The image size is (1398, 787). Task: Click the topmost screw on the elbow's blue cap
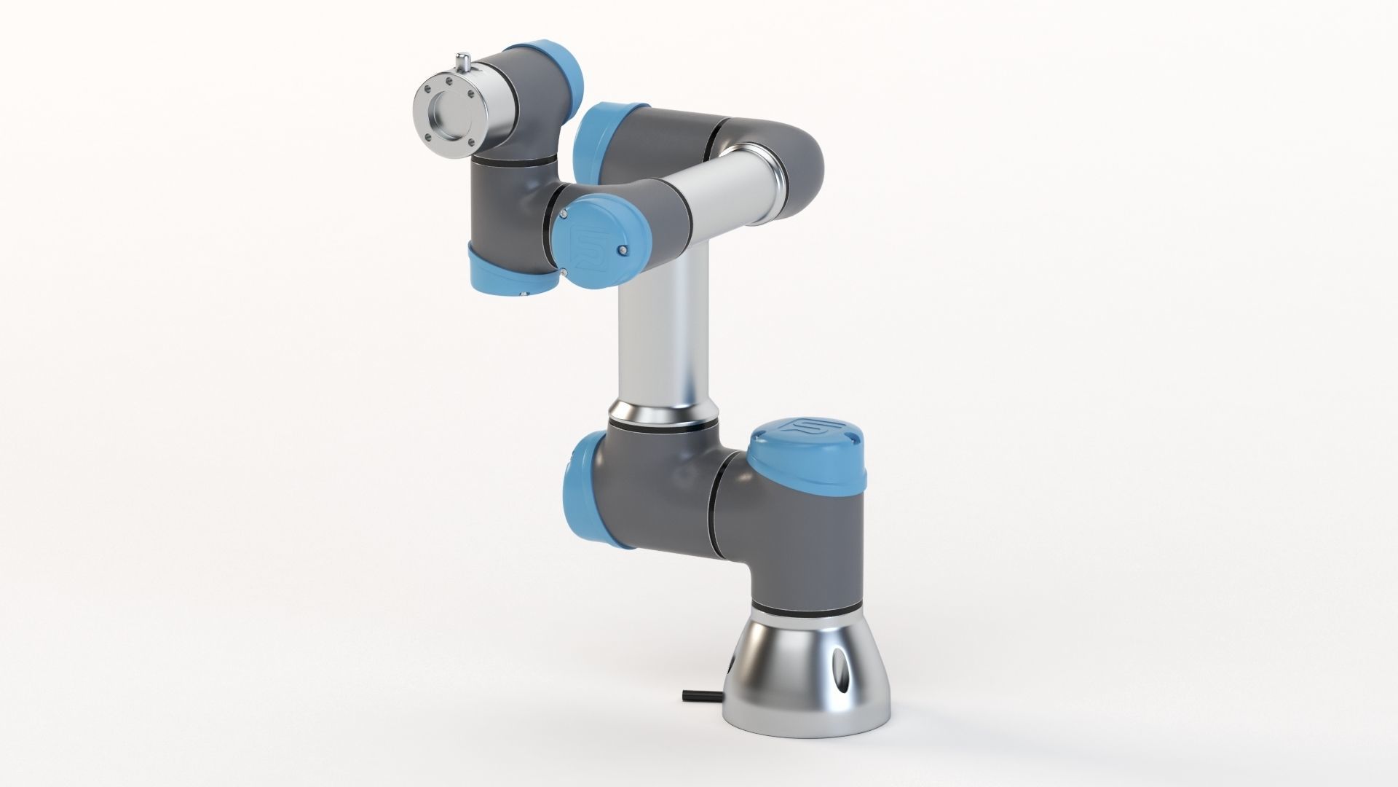tap(564, 214)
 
